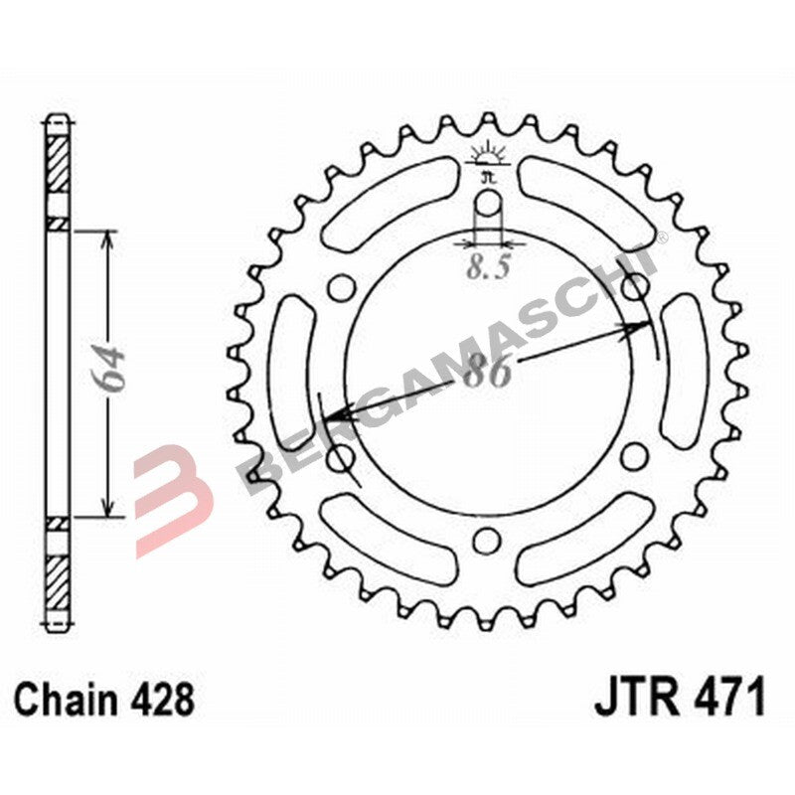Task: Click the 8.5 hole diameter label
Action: coord(484,265)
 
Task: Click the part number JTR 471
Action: coord(681,698)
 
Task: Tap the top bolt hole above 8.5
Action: coord(487,206)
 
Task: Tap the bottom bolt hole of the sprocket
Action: coord(486,540)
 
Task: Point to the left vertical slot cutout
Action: coord(290,373)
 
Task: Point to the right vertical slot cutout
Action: coord(684,373)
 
